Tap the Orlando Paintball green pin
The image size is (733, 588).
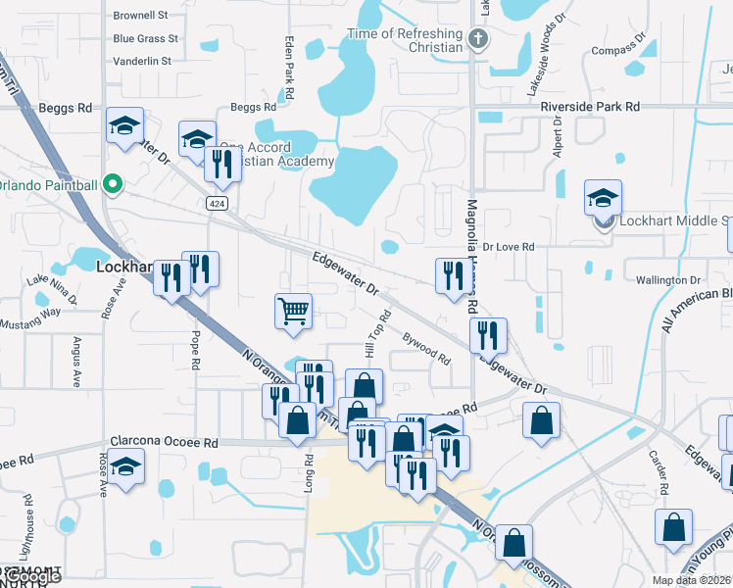click(x=113, y=184)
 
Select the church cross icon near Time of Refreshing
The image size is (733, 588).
click(x=477, y=40)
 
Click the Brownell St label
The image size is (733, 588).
click(x=141, y=16)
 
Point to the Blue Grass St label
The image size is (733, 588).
click(x=145, y=38)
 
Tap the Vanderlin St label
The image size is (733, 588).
click(x=142, y=60)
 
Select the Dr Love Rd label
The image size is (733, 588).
click(x=509, y=247)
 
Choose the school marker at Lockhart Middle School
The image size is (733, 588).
click(x=603, y=199)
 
